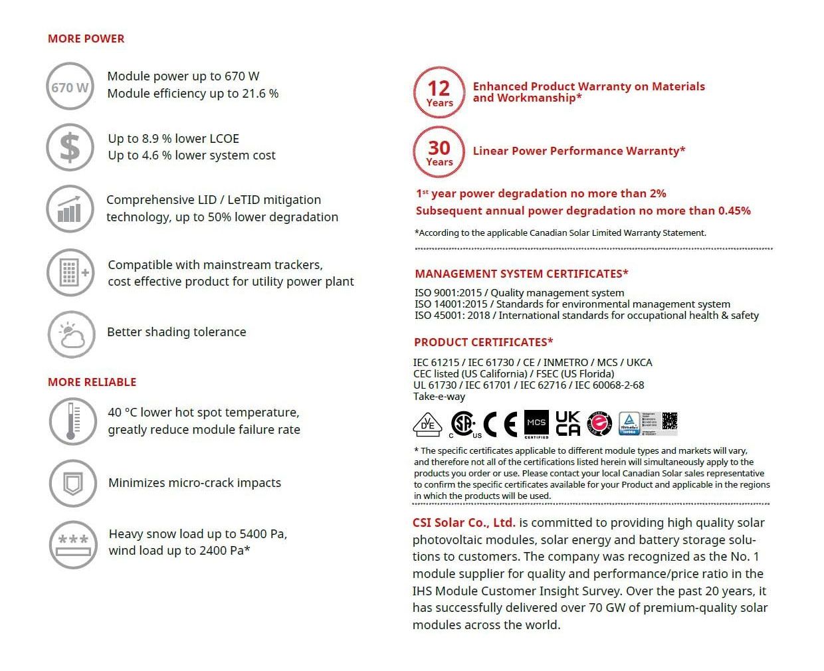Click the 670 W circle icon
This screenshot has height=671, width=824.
coord(70,86)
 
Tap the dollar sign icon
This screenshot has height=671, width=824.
coord(70,147)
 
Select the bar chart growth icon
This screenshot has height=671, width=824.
coord(70,209)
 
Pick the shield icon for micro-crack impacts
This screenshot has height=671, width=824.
coord(72,483)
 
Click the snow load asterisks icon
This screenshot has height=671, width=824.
coord(72,544)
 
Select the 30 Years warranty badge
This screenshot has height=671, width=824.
coord(439,152)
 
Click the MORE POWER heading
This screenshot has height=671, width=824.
coord(86,39)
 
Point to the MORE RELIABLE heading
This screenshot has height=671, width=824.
coord(92,382)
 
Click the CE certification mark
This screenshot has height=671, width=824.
coord(500,425)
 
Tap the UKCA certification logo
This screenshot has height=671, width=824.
coord(567,423)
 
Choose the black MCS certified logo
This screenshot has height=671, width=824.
coord(536,423)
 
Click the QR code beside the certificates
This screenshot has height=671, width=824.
coord(669,421)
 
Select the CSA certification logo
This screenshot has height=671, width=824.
coord(464,424)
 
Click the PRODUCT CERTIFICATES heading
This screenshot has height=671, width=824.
coord(483,342)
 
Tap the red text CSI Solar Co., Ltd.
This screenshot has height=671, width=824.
coord(463,523)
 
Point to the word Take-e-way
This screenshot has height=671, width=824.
coord(439,397)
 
